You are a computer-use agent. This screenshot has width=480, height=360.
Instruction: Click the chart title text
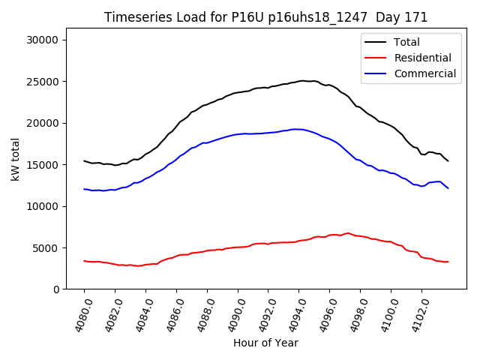point(265,17)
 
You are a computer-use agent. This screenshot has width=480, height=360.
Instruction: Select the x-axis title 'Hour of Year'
point(265,343)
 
